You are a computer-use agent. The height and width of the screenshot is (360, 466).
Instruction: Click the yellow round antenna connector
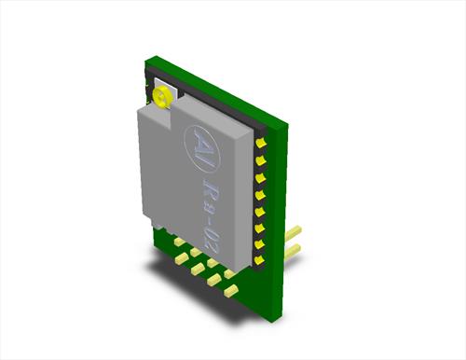pyautogui.click(x=161, y=96)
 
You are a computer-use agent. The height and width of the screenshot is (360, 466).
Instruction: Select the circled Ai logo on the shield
pyautogui.click(x=202, y=147)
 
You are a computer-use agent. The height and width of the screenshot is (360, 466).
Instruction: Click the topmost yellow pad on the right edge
pyautogui.click(x=261, y=143)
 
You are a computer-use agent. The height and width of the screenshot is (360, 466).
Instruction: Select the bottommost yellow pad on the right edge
pyautogui.click(x=260, y=260)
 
